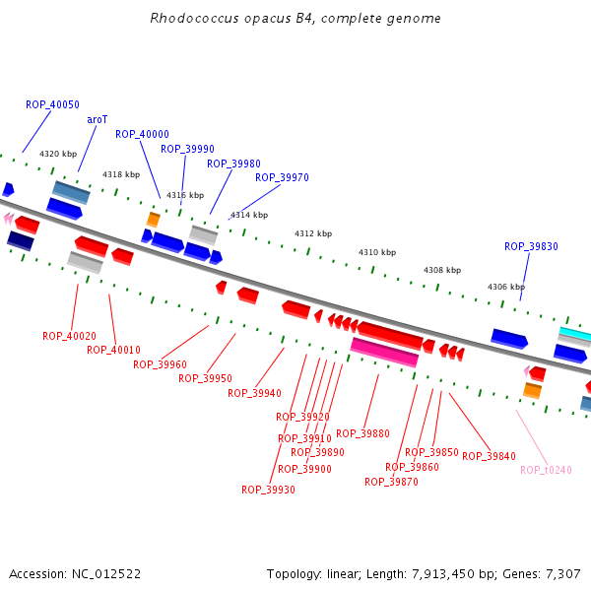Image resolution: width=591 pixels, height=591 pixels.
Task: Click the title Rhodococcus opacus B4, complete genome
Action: click(x=295, y=19)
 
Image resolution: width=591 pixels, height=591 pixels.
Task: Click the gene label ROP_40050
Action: click(x=53, y=104)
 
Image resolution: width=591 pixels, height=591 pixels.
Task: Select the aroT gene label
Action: click(x=98, y=119)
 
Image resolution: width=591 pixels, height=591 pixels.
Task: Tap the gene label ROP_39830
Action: click(x=531, y=246)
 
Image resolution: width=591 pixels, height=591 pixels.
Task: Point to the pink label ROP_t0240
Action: click(x=546, y=470)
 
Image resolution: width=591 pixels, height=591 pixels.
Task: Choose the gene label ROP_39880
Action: click(x=362, y=433)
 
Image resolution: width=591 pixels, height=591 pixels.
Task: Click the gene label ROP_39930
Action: click(x=268, y=490)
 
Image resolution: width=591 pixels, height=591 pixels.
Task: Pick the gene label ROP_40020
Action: click(x=69, y=336)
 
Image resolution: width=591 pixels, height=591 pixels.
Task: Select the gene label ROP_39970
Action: click(x=282, y=177)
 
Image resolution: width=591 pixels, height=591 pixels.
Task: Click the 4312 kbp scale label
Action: click(x=313, y=233)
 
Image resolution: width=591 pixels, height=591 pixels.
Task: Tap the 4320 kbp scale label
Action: click(x=58, y=154)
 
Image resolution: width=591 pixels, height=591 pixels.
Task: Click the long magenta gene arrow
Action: click(x=384, y=352)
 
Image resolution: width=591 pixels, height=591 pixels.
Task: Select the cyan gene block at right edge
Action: click(x=576, y=334)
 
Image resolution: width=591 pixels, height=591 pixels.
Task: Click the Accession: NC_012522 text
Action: click(x=75, y=573)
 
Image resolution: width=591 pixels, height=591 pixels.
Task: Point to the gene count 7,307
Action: click(x=563, y=573)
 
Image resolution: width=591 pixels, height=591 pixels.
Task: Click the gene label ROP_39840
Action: click(x=489, y=456)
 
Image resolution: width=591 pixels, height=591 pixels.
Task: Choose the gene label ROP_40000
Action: click(x=142, y=134)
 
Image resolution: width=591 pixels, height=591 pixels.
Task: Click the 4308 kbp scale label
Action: click(x=442, y=270)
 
